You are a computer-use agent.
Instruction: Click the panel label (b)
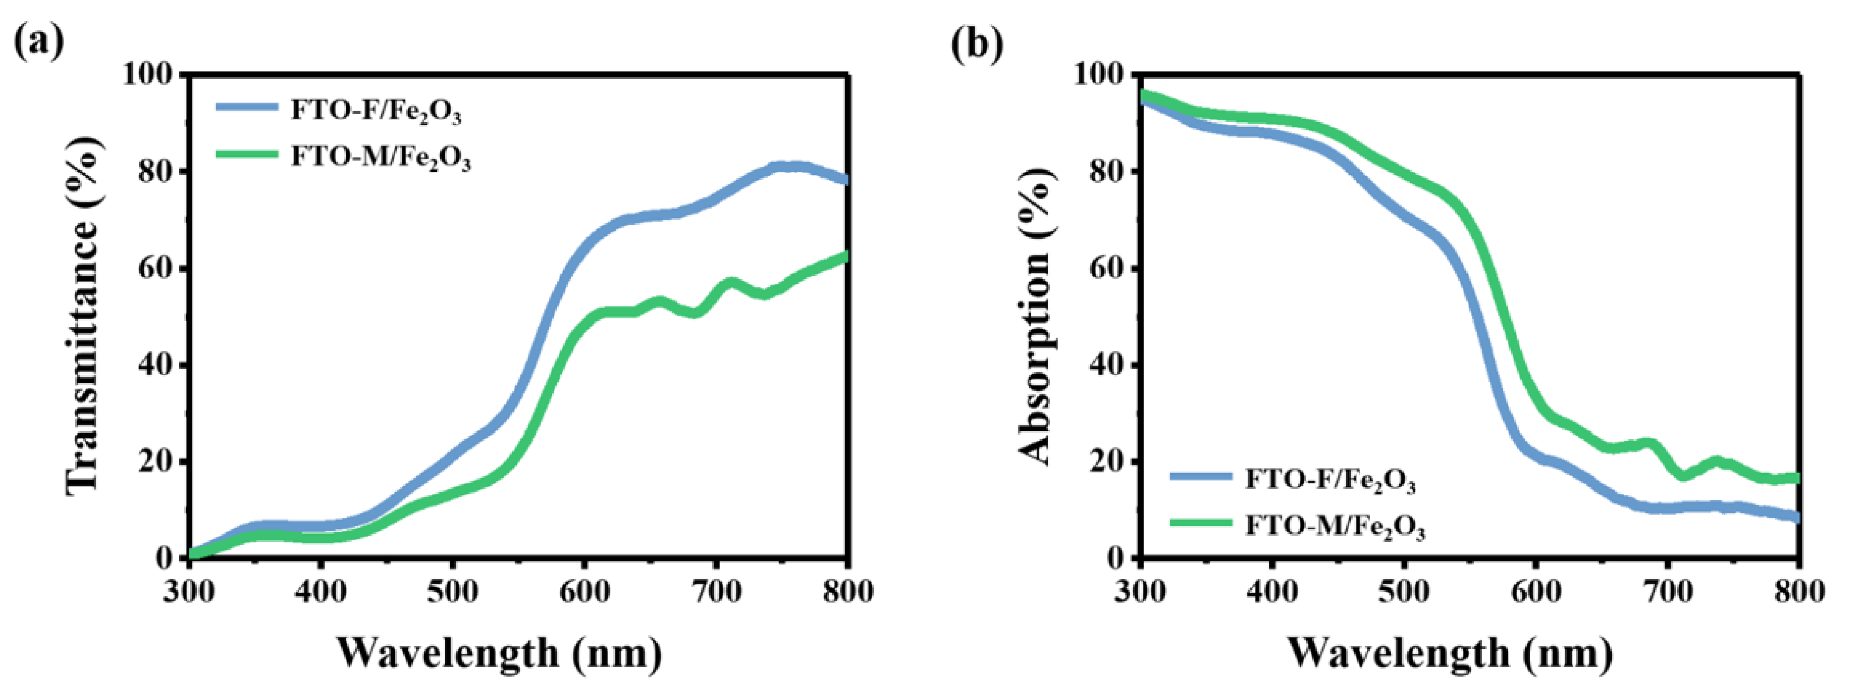977,44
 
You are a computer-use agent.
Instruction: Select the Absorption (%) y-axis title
1036,316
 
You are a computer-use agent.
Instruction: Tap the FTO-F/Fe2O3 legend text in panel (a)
375,111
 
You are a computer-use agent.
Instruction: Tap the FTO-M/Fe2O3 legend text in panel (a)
380,156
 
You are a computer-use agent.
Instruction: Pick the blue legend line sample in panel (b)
1200,475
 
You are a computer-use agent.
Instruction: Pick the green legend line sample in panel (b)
1200,522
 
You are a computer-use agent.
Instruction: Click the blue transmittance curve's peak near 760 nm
790,167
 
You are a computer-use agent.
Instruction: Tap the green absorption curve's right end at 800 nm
1796,478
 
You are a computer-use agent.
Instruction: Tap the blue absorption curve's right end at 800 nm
1797,516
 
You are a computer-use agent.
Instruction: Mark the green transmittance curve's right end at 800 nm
846,256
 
